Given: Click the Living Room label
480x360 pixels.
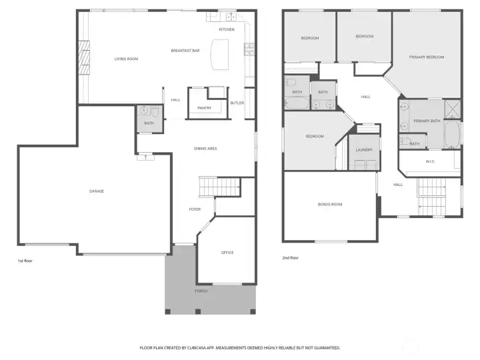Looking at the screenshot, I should pyautogui.click(x=126, y=59).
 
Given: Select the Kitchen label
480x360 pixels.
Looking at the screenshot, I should pyautogui.click(x=227, y=29).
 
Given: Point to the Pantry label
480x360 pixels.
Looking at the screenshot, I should pyautogui.click(x=204, y=107).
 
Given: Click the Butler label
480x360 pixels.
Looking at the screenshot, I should pyautogui.click(x=237, y=103).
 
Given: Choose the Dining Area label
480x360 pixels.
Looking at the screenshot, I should pyautogui.click(x=205, y=148).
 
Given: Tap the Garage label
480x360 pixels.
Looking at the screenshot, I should pyautogui.click(x=97, y=191).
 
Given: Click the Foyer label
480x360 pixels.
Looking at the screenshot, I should pyautogui.click(x=194, y=209).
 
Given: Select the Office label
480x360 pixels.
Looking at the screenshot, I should pyautogui.click(x=227, y=253).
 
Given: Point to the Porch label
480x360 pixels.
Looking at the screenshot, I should pyautogui.click(x=201, y=291).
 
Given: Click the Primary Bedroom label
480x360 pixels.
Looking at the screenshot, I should pyautogui.click(x=427, y=57).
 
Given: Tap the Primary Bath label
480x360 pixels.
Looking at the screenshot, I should pyautogui.click(x=427, y=121).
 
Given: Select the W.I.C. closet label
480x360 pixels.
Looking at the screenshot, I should pyautogui.click(x=431, y=161).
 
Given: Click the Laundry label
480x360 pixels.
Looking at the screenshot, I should pyautogui.click(x=363, y=150).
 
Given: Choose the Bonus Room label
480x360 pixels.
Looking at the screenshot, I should pyautogui.click(x=329, y=204).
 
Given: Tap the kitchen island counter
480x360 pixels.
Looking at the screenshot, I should pyautogui.click(x=219, y=53).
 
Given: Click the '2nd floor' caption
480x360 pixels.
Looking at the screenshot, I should pyautogui.click(x=290, y=257).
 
